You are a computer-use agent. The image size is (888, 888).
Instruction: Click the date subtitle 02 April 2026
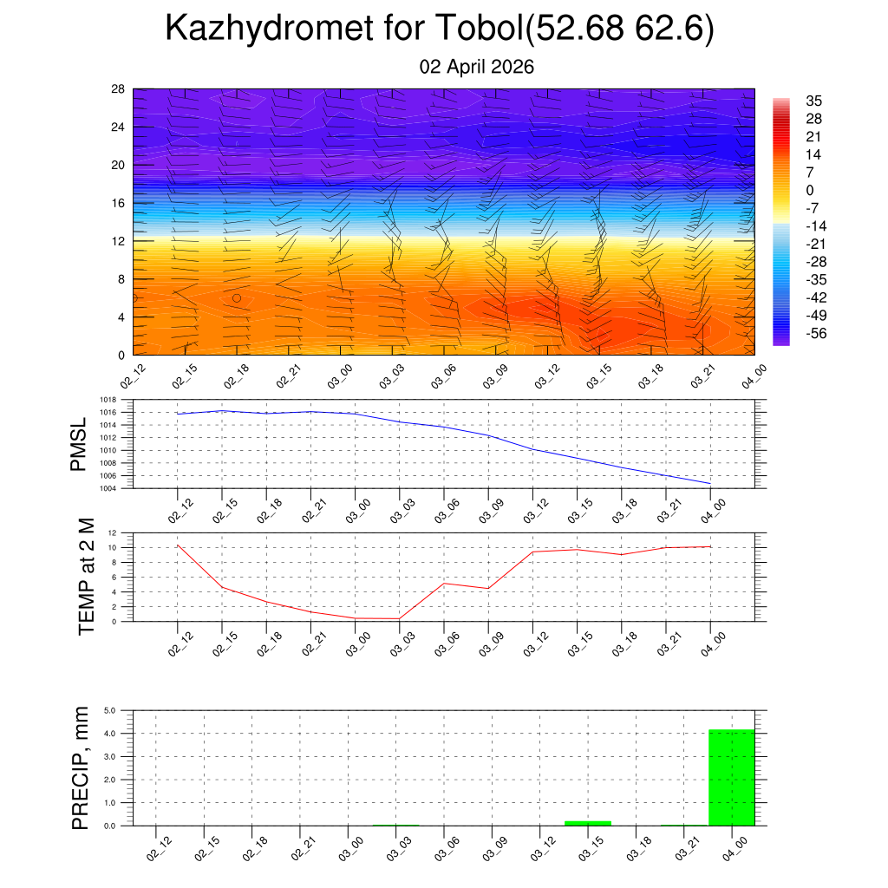pos(476,67)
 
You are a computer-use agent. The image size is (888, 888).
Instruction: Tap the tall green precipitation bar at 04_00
pos(732,778)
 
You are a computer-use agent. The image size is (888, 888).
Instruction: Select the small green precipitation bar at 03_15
pos(588,823)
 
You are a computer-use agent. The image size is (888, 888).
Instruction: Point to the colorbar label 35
pos(813,101)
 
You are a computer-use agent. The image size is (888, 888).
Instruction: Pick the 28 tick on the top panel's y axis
pos(119,88)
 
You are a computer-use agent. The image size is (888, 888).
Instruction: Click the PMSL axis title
pos(79,445)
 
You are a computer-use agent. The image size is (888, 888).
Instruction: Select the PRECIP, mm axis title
pos(81,768)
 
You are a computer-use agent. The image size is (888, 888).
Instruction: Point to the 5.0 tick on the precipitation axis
pos(111,711)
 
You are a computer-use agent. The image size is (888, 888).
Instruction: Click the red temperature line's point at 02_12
pos(178,545)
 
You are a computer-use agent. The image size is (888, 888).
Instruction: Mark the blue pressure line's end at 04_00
pos(710,483)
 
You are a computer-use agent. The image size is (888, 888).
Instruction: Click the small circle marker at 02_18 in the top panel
pos(237,298)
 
